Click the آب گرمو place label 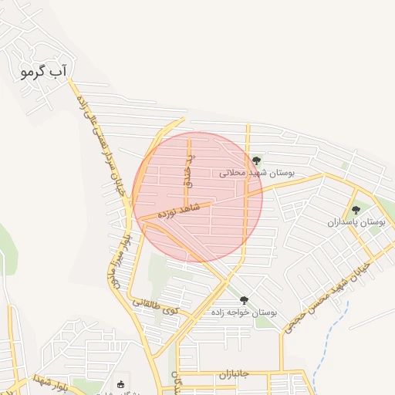pyautogui.click(x=43, y=73)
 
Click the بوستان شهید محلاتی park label pyautogui.click(x=257, y=174)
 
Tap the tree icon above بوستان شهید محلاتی pyautogui.click(x=256, y=160)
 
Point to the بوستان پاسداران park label pyautogui.click(x=356, y=222)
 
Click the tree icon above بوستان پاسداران pyautogui.click(x=356, y=209)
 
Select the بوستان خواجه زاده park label pyautogui.click(x=244, y=313)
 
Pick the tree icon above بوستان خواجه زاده pyautogui.click(x=245, y=300)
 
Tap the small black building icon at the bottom pyautogui.click(x=120, y=384)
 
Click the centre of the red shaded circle pyautogui.click(x=197, y=197)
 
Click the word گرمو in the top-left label pyautogui.click(x=33, y=73)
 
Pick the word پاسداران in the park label pyautogui.click(x=345, y=222)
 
